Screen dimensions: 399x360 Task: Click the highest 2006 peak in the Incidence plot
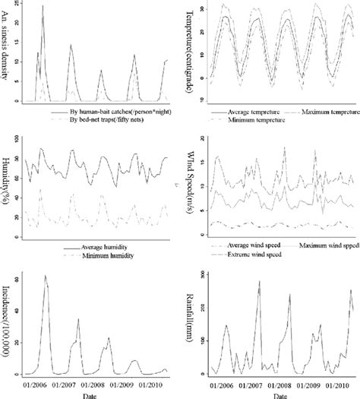point(46,277)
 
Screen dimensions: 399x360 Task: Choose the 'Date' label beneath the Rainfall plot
point(279,395)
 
